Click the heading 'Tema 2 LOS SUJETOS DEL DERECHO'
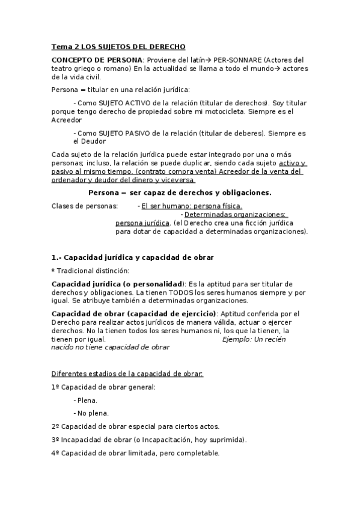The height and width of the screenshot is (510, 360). click(118, 46)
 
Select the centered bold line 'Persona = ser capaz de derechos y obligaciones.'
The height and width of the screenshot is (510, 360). click(180, 192)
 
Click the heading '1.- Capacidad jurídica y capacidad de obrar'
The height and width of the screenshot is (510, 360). click(133, 257)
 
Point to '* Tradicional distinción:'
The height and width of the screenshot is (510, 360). click(90, 271)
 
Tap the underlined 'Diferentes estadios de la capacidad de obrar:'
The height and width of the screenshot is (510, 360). click(127, 373)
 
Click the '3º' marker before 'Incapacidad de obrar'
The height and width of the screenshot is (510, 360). click(56, 440)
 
